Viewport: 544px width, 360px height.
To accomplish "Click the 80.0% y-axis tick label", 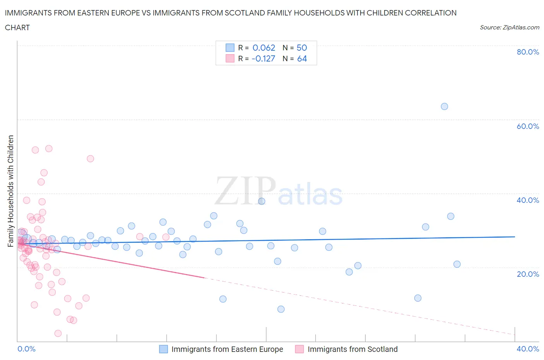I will coord(528,52).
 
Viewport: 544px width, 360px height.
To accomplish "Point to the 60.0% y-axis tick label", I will coord(528,126).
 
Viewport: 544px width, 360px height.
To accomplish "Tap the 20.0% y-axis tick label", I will coord(528,274).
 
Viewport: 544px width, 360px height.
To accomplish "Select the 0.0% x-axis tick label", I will coord(26,349).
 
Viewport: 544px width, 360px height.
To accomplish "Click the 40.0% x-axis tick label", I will coord(528,349).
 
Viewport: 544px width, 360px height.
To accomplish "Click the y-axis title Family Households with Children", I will coord(10,191).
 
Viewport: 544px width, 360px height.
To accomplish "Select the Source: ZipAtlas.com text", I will coord(509,27).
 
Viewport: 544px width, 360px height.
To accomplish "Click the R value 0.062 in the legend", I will coord(263,48).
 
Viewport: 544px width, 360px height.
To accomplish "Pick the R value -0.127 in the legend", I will coord(263,58).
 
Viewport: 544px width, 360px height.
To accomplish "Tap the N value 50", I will coord(301,48).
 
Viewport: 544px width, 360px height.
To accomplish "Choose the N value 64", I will coord(302,58).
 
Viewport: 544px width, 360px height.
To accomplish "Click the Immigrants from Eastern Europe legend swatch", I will coord(164,349).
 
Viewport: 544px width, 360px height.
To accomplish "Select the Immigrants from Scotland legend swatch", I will coord(299,349).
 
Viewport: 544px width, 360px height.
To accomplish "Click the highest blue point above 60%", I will coord(444,106).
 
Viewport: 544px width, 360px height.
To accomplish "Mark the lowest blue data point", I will coord(281,309).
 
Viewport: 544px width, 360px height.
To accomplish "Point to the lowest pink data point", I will coord(58,333).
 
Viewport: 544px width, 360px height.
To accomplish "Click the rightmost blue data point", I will coord(457,264).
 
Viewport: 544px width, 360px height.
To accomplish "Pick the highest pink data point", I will coord(49,149).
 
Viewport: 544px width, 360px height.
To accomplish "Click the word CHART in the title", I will coord(17,27).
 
